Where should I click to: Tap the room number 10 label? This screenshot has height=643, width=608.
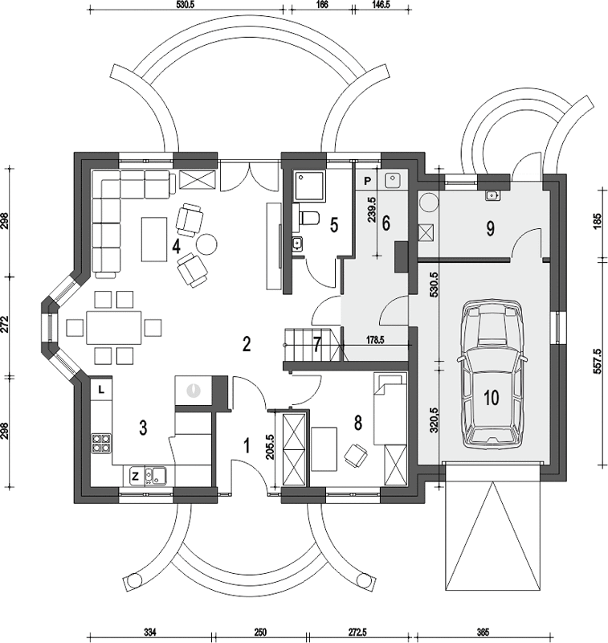coord(492,397)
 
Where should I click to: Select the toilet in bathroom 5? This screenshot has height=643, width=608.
coord(309,218)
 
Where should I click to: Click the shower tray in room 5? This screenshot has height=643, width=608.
coord(309,186)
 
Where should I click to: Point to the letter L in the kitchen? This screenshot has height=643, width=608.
coord(101,389)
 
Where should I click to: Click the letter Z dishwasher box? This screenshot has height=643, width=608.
coord(135,476)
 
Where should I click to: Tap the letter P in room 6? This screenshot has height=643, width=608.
coord(368,180)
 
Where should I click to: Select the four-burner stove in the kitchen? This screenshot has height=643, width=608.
coord(101,444)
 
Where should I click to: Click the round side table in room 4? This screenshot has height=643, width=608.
coord(206,244)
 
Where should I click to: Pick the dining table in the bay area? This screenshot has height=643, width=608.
coord(113,328)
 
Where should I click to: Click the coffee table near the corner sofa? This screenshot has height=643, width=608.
coord(154,239)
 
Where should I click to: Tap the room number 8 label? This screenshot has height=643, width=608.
coord(358,423)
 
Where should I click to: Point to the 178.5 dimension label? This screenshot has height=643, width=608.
coord(375,340)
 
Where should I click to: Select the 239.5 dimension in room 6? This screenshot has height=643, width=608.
coord(372,210)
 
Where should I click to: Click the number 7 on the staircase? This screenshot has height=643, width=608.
coord(316,345)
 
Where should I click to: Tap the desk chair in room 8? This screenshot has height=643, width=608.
coord(355,454)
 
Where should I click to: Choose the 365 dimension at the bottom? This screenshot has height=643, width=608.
coord(483,632)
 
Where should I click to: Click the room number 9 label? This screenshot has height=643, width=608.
coord(491,229)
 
